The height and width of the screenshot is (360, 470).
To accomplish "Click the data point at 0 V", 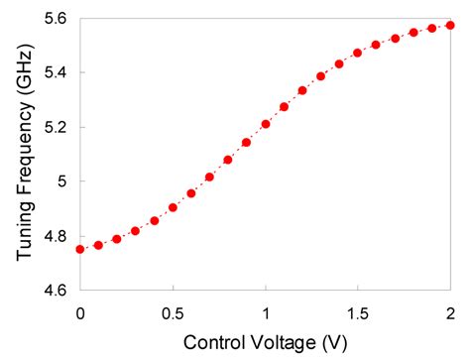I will pyautogui.click(x=80, y=249).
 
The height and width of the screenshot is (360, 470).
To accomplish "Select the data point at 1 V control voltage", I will pyautogui.click(x=266, y=124).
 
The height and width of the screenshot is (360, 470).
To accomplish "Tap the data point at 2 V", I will pyautogui.click(x=450, y=25).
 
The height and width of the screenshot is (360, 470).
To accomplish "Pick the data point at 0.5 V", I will pyautogui.click(x=173, y=207).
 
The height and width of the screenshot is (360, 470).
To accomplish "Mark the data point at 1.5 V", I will pyautogui.click(x=358, y=53).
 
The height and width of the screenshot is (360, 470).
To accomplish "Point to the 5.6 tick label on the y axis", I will pyautogui.click(x=55, y=19).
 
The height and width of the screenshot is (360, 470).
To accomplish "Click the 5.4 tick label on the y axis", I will pyautogui.click(x=55, y=73).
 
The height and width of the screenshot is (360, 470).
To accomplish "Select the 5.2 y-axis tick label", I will pyautogui.click(x=55, y=128).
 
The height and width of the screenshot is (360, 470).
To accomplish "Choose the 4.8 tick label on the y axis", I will pyautogui.click(x=55, y=237).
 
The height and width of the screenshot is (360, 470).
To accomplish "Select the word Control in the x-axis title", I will pyautogui.click(x=208, y=342).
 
